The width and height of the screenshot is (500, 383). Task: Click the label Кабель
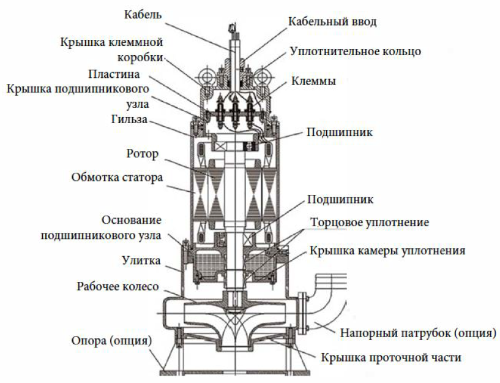(x=143, y=15)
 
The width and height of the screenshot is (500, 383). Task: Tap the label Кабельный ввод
(x=332, y=21)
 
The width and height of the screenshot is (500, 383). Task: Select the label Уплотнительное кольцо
(x=356, y=51)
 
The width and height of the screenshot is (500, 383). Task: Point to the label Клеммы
(x=313, y=81)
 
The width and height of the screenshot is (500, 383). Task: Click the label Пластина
(x=114, y=74)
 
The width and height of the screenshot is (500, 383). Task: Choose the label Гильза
(x=129, y=119)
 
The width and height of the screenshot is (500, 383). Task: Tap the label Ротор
(x=143, y=154)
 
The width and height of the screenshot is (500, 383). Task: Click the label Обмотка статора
(x=117, y=178)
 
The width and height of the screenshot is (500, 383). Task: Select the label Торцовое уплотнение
(x=370, y=222)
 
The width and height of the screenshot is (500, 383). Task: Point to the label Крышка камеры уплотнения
(x=387, y=251)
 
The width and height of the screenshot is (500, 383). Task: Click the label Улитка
(x=141, y=260)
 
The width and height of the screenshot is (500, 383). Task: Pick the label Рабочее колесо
(x=118, y=286)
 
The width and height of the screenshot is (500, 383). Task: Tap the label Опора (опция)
(x=111, y=341)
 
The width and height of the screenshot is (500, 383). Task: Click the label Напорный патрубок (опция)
(x=418, y=333)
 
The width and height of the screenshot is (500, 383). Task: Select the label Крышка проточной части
(x=391, y=357)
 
